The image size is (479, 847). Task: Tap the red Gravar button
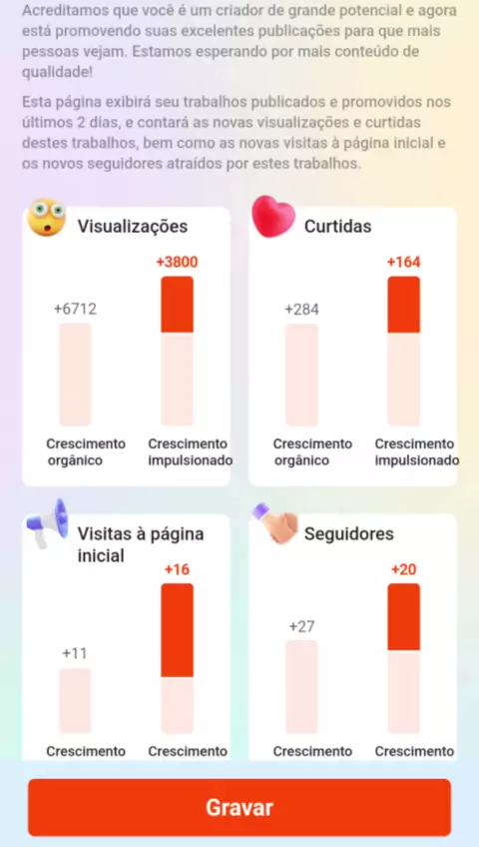coord(239,807)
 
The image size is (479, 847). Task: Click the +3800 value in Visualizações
coord(177,263)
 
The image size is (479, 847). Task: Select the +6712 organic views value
coord(75,310)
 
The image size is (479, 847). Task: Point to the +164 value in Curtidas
coord(403,263)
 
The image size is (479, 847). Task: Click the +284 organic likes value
coord(301,310)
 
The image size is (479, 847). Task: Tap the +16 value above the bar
coord(177,570)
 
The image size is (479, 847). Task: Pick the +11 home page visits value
coord(75,653)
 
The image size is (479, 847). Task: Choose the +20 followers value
coord(403,570)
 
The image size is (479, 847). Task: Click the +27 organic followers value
coord(301,626)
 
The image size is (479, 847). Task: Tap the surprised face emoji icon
coord(46,217)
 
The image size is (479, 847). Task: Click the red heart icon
coord(273,217)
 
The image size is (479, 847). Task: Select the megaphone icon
coord(48,524)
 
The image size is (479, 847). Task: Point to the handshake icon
coord(275,523)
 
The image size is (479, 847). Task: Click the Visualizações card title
coord(133,227)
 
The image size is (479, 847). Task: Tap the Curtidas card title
coord(337,227)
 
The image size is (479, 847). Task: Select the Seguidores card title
coord(349,533)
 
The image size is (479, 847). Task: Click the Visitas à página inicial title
coord(141,544)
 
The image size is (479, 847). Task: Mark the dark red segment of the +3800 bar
coord(177,304)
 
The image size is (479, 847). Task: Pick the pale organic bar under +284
coord(301,375)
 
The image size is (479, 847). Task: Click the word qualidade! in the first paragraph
coord(57,72)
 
